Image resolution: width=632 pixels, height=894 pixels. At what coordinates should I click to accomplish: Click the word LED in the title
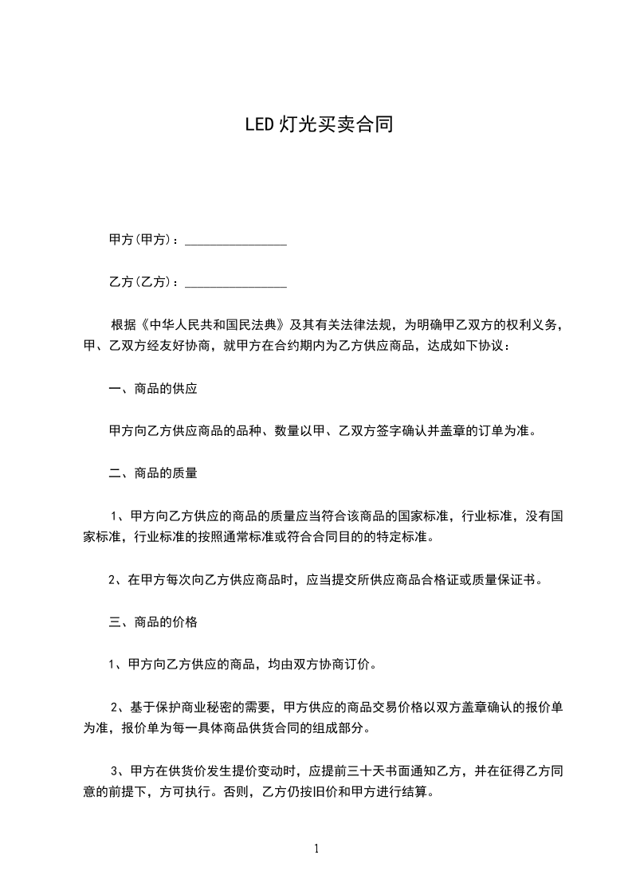(259, 125)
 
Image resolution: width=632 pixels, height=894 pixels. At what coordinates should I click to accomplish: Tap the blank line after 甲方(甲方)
(236, 241)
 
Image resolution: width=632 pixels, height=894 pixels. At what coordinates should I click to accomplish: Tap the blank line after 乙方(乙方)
(236, 283)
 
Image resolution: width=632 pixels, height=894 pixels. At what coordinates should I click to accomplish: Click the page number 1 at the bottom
(316, 849)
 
